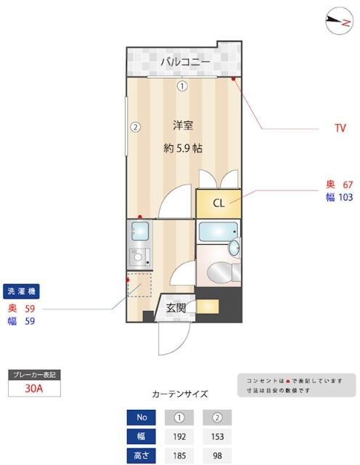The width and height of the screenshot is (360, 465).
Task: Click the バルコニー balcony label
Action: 185,62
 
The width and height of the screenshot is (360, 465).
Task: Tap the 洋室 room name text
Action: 183,125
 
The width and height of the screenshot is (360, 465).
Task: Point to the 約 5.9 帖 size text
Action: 183,147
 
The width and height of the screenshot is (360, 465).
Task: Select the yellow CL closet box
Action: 217,202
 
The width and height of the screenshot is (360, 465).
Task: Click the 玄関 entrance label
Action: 176,308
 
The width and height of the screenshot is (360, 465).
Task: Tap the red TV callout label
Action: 340,129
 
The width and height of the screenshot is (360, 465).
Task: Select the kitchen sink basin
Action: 139,232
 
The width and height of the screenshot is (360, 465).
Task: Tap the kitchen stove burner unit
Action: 139,256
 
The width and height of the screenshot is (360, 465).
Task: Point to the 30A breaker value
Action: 33,388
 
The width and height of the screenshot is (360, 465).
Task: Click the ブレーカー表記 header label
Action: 33,375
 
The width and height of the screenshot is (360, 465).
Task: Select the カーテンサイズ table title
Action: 179,395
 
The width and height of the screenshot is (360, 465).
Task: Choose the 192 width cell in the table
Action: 180,437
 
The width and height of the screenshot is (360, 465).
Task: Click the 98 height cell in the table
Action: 217,456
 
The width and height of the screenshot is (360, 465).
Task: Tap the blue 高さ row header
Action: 142,456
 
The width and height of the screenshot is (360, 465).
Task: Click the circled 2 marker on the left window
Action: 135,126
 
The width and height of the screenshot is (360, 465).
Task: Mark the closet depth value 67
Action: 347,185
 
